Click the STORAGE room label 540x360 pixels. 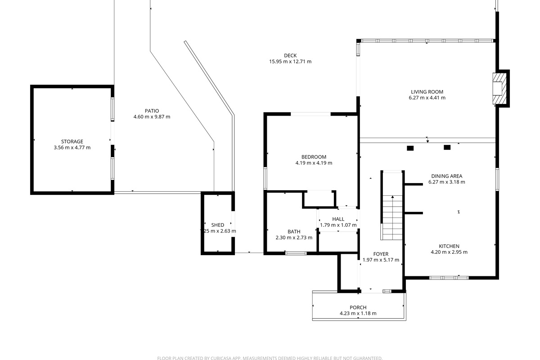(72, 142)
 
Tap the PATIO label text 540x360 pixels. (152, 111)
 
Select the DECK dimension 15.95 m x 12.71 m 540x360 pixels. (290, 62)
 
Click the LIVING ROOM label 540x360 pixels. (427, 92)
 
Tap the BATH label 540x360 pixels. (293, 232)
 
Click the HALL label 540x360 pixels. (338, 219)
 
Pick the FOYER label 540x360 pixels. (381, 254)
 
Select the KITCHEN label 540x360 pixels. (449, 246)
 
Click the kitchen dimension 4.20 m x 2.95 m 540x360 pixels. (449, 252)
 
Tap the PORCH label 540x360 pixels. (358, 308)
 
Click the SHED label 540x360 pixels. (218, 225)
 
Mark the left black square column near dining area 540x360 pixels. (410, 148)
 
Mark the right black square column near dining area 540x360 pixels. (447, 147)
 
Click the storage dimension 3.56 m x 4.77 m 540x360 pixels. (72, 148)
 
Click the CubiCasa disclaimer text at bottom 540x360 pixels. (270, 358)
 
